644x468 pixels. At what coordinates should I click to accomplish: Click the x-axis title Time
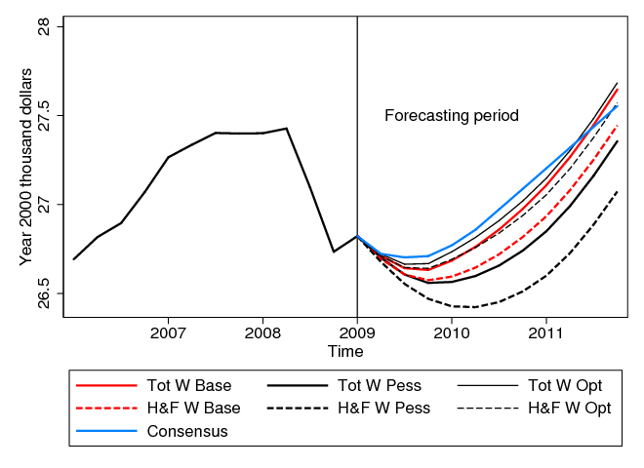345,351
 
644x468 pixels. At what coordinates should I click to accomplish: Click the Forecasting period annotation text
451,116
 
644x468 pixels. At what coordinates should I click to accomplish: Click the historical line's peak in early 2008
286,128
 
